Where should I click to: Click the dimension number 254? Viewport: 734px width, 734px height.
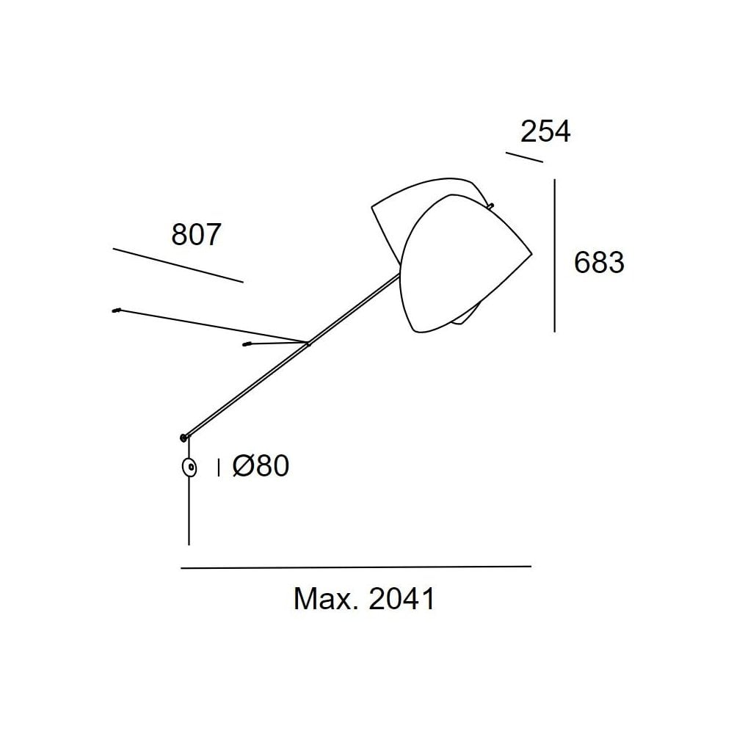pos(545,131)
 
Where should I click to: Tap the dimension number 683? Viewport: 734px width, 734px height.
pos(599,262)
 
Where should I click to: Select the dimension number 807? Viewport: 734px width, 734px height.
pos(196,235)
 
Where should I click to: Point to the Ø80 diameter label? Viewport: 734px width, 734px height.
pos(261,466)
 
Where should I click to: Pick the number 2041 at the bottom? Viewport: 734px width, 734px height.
pos(402,598)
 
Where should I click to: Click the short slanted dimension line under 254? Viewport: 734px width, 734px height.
pos(524,157)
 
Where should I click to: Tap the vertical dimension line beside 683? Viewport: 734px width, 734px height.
pos(555,255)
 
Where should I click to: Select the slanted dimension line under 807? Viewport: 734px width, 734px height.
pos(178,266)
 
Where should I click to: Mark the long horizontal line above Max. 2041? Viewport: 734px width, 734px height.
pos(356,567)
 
